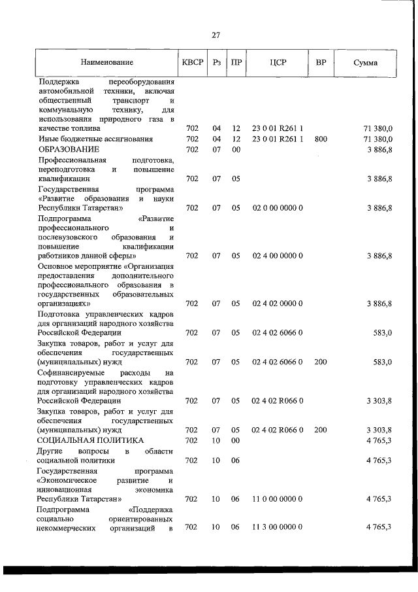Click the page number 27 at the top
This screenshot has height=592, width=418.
(216, 35)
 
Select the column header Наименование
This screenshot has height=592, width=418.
(107, 63)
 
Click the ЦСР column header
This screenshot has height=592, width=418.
(278, 63)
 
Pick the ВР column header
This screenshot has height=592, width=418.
(320, 63)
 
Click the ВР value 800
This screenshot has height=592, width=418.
(320, 139)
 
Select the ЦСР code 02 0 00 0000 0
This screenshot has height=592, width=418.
(278, 208)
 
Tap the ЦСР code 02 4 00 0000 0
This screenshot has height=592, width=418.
(278, 256)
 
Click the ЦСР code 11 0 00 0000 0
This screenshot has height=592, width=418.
(278, 499)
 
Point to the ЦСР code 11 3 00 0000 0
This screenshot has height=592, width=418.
(278, 528)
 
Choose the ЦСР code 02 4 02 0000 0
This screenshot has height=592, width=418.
(278, 304)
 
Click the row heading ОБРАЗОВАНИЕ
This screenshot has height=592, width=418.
(69, 150)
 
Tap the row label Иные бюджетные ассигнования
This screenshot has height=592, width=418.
(95, 139)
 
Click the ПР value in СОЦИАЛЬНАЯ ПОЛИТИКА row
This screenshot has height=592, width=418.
(236, 441)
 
